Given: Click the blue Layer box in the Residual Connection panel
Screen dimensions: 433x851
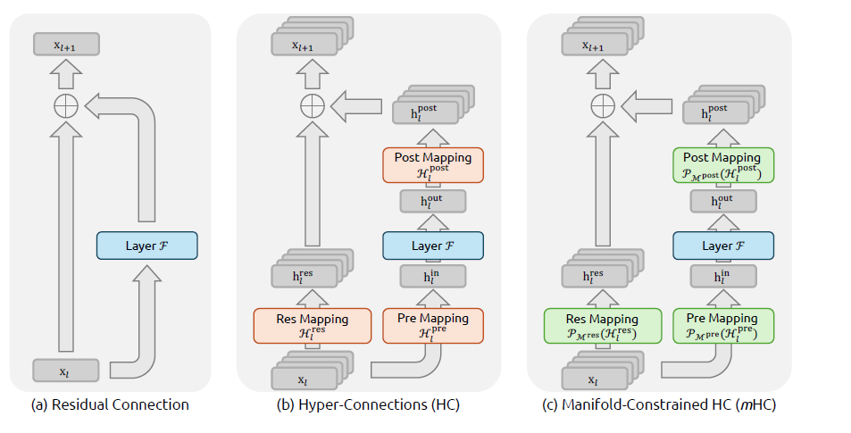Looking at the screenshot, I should click(x=146, y=246).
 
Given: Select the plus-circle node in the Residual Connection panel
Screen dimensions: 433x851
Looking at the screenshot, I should click(x=66, y=107).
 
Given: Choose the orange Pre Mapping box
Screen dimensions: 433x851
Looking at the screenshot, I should click(x=432, y=326).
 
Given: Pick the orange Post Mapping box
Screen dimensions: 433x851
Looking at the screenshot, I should click(x=432, y=165).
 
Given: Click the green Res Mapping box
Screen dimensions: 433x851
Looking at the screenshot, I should click(x=603, y=326).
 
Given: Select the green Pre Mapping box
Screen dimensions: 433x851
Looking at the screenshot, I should click(x=722, y=326).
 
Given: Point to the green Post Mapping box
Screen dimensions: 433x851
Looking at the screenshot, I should click(x=722, y=165).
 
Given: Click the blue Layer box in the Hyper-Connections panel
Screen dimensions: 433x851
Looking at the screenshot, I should click(x=432, y=246).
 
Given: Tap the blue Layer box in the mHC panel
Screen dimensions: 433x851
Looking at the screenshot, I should click(x=722, y=246).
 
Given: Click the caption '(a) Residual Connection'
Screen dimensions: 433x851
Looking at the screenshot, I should click(x=110, y=404).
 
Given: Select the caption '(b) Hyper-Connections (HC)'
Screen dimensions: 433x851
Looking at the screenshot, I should click(x=368, y=404).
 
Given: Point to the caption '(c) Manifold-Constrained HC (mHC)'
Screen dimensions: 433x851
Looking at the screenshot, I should click(x=659, y=404).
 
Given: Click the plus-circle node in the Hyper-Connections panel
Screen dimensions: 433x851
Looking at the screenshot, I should click(x=310, y=107).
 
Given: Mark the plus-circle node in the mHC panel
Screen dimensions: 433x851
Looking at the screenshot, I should click(x=599, y=107).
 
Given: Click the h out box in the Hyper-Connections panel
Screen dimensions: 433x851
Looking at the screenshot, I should click(x=432, y=202).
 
